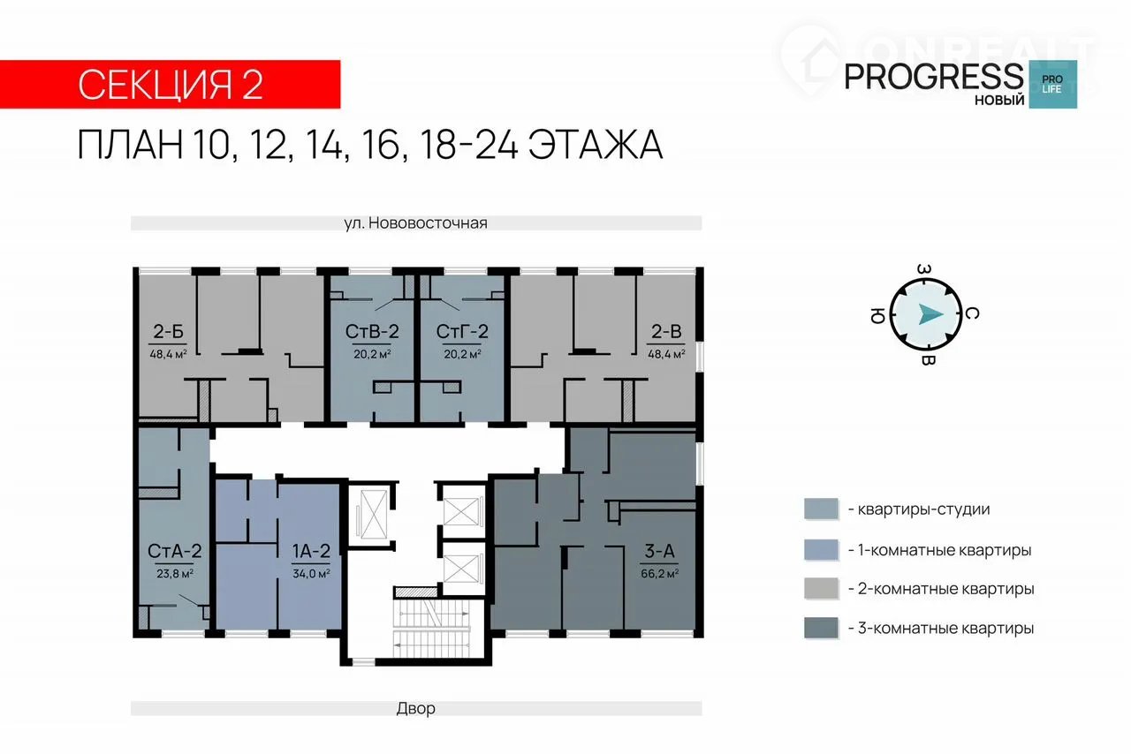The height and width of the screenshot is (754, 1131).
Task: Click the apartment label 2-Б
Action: (168, 332)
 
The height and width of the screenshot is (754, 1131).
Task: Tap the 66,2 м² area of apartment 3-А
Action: (659, 574)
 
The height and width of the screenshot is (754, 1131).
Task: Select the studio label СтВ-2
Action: (372, 332)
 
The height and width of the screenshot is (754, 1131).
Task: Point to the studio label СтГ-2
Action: (462, 332)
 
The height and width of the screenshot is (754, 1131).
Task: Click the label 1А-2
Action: (311, 551)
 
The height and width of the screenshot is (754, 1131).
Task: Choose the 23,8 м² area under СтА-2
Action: (175, 574)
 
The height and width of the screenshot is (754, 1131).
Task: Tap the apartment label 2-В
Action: (666, 332)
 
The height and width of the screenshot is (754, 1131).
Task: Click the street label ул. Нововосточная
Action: (416, 223)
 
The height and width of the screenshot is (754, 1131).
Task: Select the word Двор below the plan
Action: (416, 708)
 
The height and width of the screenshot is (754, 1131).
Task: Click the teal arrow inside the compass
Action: (930, 314)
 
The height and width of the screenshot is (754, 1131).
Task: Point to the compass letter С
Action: (972, 314)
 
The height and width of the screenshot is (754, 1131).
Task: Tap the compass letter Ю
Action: (877, 315)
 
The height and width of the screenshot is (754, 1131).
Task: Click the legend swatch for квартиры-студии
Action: (821, 509)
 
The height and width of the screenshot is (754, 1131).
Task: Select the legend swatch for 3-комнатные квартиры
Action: (821, 629)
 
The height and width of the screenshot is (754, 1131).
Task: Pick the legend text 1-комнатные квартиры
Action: (939, 550)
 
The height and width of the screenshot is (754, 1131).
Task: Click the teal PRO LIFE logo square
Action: (1052, 84)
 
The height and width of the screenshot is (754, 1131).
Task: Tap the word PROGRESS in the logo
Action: (934, 77)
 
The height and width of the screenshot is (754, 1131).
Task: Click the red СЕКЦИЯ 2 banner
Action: (171, 84)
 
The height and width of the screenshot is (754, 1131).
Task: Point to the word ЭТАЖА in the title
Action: (596, 146)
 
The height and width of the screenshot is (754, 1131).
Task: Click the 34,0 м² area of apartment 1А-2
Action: (311, 574)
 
